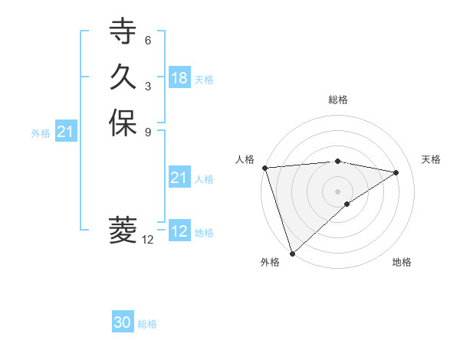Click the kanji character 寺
(123, 33)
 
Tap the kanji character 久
(123, 77)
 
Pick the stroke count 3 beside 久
(148, 86)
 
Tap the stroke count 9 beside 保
(148, 131)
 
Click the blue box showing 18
(179, 78)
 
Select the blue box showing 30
(123, 323)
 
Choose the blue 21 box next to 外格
(67, 133)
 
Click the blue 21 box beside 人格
(179, 178)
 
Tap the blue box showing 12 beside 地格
(179, 231)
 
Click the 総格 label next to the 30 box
(147, 324)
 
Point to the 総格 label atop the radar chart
(338, 100)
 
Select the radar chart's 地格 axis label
(402, 263)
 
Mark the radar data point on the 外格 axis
(291, 254)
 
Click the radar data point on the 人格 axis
(264, 167)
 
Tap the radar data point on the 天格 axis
(396, 172)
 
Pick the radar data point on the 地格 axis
(347, 204)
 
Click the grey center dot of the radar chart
(338, 191)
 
